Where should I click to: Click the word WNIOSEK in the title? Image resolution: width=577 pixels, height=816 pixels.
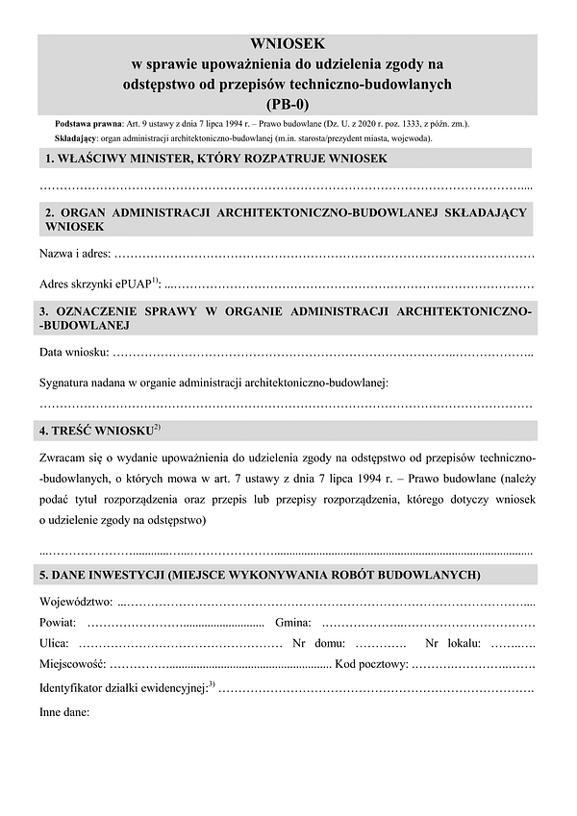pos(288,43)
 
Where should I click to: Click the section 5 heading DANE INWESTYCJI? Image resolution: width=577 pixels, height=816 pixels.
pos(260,575)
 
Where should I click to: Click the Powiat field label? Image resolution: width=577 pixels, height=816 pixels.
pos(57,623)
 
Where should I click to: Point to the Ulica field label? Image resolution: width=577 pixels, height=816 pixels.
pos(54,643)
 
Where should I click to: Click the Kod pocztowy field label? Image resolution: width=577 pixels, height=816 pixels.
pos(371,663)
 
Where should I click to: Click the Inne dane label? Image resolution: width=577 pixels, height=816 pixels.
pos(63,713)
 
